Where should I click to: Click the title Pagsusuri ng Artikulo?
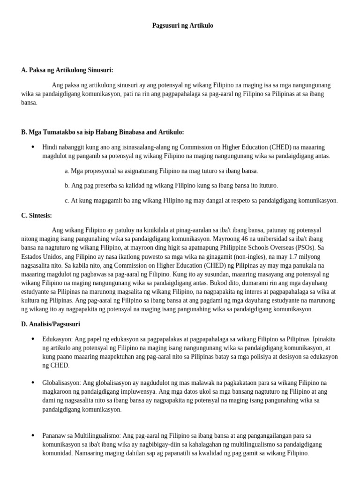(x=182, y=25)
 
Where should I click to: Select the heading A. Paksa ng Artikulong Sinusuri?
(x=67, y=70)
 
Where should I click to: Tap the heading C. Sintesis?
(x=37, y=215)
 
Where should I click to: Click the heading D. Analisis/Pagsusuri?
(x=53, y=324)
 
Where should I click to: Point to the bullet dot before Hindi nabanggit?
(x=32, y=147)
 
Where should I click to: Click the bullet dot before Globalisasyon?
(x=32, y=382)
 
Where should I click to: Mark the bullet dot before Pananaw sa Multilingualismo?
(x=32, y=435)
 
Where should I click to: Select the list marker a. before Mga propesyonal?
(x=67, y=171)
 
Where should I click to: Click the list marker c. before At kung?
(x=67, y=200)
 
